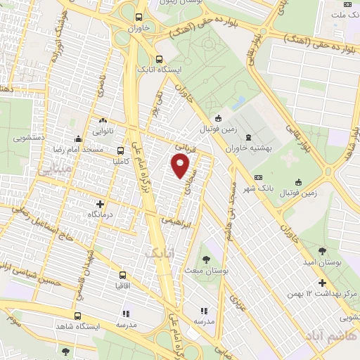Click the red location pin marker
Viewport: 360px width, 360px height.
tap(181, 166)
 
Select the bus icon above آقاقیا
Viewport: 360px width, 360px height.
tap(123, 274)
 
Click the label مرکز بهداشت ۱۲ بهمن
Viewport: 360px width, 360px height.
tap(323, 293)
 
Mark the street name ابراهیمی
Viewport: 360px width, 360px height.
tap(173, 220)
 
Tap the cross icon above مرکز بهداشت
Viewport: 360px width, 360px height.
tap(322, 283)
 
